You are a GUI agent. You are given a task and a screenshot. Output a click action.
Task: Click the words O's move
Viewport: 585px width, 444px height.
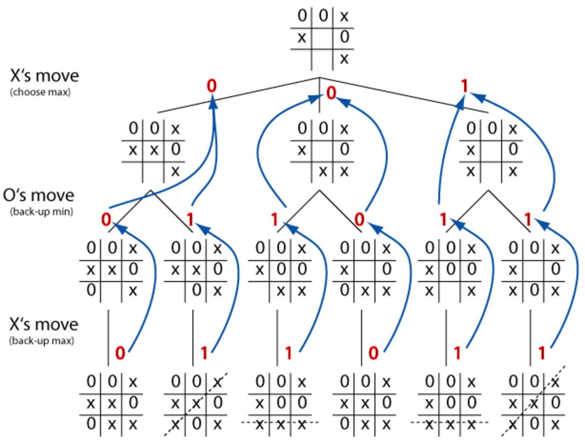[39, 195]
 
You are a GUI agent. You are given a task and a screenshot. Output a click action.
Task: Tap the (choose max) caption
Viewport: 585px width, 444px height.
[40, 92]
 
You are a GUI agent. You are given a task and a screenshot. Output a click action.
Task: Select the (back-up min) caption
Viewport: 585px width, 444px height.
[41, 212]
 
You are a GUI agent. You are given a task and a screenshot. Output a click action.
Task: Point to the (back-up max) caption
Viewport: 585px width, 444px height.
[41, 341]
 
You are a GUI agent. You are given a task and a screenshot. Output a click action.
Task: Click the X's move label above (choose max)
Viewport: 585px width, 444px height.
[44, 76]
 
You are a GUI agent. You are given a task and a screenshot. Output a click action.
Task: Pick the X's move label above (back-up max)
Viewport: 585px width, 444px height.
[44, 324]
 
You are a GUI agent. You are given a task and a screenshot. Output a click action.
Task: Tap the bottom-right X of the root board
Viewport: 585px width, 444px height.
[344, 59]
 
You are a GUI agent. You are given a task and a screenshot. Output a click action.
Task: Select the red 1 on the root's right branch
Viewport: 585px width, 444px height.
[464, 86]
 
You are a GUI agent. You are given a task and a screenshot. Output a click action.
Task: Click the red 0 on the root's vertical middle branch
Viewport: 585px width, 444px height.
[331, 93]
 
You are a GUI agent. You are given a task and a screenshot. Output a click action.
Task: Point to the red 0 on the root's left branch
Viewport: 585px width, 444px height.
[212, 86]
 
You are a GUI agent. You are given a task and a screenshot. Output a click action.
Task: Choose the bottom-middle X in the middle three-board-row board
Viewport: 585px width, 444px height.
[323, 172]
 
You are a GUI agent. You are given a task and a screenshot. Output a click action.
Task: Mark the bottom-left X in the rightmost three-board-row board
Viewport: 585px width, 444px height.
[471, 172]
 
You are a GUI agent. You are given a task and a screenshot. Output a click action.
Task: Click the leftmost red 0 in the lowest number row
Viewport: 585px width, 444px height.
[120, 353]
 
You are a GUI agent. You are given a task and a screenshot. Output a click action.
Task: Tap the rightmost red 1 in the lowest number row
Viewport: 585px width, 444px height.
[542, 353]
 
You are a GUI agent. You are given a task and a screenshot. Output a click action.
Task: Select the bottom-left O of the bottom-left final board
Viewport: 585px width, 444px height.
[91, 424]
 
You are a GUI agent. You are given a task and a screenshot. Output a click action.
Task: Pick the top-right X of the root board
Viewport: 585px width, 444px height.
[344, 17]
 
